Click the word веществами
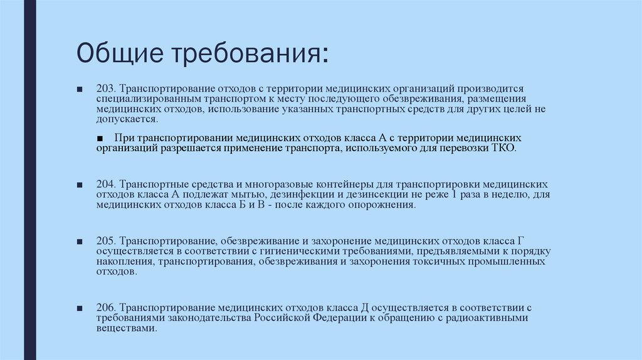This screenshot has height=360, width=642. click(125, 328)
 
